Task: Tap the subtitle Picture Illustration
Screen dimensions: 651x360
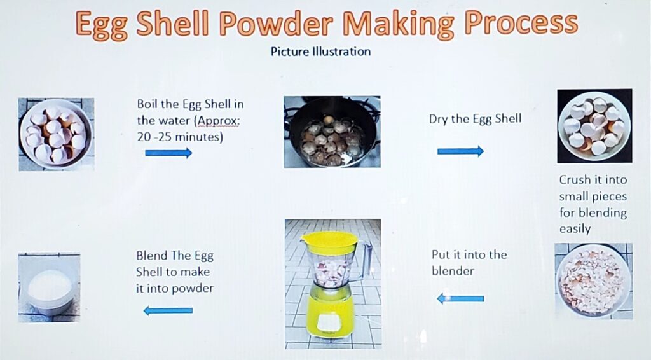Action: pos(320,52)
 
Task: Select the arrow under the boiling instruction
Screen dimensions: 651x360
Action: pos(168,153)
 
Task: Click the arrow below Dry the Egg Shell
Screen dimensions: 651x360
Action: pos(460,151)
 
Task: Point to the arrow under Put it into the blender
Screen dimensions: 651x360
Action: pos(460,298)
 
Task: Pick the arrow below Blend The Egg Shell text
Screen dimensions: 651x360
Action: pos(168,310)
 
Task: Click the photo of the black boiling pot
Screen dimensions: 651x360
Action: pos(332,132)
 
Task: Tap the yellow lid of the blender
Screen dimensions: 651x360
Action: pos(329,242)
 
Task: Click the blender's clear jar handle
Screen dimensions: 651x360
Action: pos(364,261)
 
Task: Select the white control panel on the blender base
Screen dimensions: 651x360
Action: pos(330,323)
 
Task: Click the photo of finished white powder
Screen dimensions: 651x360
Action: pos(50,287)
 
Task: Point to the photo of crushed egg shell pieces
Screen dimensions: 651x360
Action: pos(594,281)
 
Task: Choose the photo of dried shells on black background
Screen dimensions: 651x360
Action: pos(594,126)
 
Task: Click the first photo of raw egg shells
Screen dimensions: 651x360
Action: pos(57,135)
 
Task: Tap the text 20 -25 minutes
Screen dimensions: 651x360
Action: pos(180,137)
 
